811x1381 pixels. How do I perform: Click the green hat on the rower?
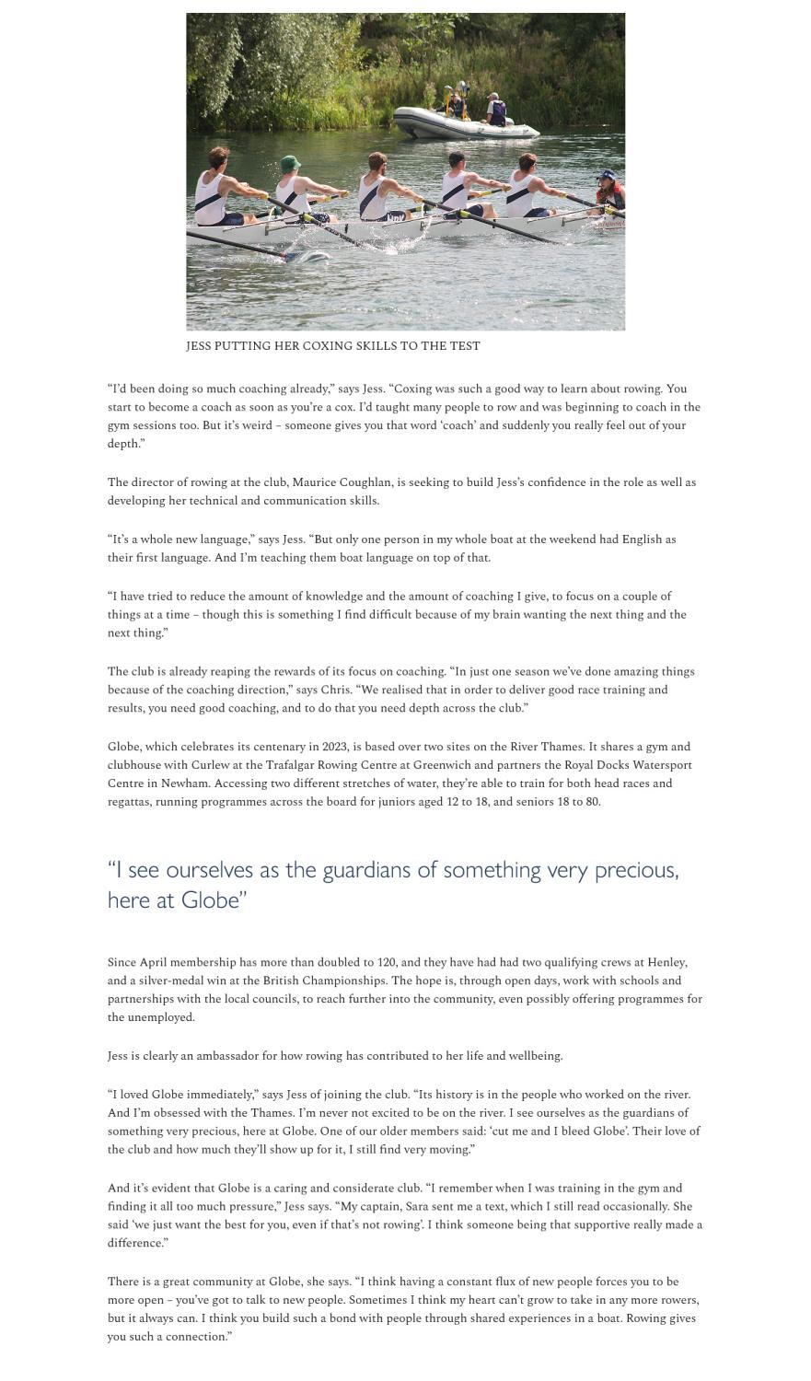[x=291, y=163]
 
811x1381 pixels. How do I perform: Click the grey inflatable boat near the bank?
[x=466, y=123]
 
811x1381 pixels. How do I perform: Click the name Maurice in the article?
[x=317, y=482]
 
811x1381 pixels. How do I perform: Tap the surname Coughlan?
[x=367, y=482]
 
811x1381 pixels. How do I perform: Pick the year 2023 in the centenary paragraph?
[x=335, y=747]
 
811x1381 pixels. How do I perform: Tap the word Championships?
[x=338, y=981]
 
